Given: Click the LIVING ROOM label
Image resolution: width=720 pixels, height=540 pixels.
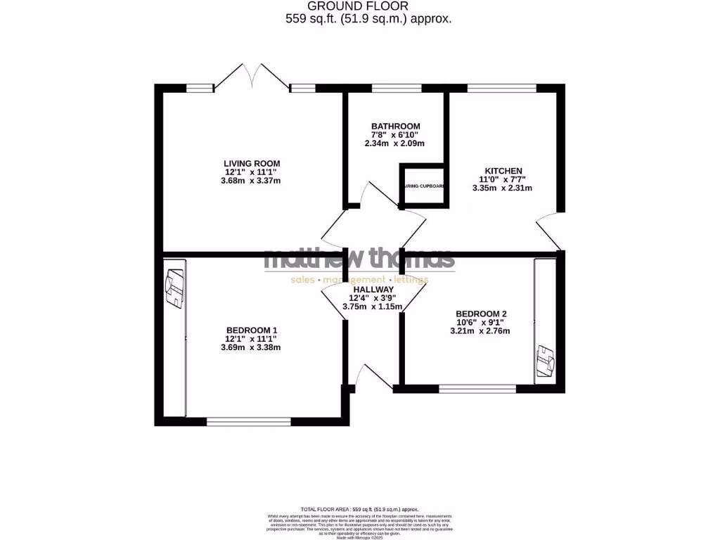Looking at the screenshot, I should click(x=252, y=163).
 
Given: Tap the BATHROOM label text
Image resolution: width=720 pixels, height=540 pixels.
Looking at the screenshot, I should click(x=396, y=127).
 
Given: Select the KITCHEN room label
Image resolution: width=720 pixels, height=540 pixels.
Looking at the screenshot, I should click(x=503, y=171).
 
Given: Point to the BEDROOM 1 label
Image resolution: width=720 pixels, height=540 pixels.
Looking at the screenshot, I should click(x=252, y=330).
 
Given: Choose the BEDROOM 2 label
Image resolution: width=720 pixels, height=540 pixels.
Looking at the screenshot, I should click(x=482, y=314).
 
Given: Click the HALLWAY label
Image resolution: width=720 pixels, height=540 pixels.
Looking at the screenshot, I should click(x=373, y=289).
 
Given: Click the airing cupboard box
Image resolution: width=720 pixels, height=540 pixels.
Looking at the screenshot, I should click(x=423, y=186).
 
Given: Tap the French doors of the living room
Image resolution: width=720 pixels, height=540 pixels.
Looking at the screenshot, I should click(x=251, y=77).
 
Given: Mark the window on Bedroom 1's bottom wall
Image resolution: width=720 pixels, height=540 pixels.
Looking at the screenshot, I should click(x=248, y=421).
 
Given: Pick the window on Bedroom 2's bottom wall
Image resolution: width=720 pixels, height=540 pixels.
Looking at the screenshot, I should click(x=477, y=387).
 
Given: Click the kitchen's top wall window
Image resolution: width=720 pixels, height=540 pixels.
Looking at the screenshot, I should click(x=501, y=88).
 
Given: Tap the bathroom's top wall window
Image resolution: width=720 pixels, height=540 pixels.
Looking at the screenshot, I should click(x=396, y=88).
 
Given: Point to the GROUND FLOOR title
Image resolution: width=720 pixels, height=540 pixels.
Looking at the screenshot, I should click(x=368, y=6).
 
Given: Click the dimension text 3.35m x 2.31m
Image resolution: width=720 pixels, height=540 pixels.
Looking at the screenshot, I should click(x=503, y=188).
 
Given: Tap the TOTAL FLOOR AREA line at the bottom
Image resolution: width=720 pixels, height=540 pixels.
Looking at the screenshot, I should click(x=359, y=508).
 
